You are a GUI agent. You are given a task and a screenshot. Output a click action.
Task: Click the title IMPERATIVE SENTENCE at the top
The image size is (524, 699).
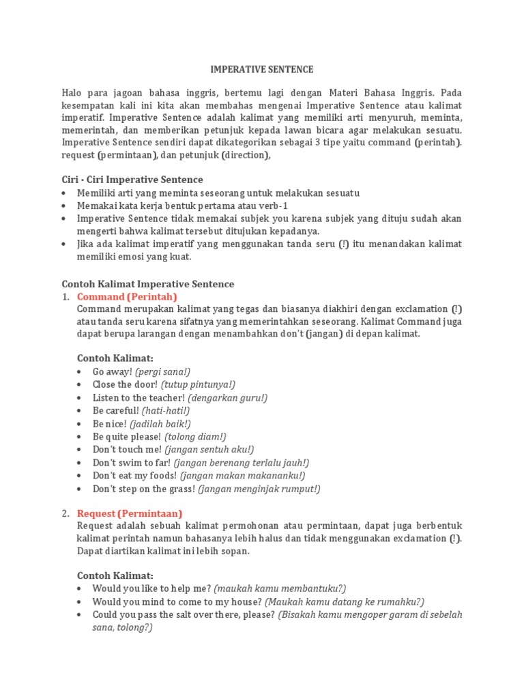261,69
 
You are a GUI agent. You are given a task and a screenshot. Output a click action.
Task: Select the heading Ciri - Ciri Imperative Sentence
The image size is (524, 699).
132,180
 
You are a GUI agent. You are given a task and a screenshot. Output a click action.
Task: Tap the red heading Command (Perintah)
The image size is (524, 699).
127,296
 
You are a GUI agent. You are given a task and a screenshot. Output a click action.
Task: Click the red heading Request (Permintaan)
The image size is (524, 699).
130,513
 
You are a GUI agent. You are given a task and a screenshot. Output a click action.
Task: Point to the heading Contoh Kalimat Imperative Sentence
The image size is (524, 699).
147,283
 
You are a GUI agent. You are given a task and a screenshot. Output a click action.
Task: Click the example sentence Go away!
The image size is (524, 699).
113,371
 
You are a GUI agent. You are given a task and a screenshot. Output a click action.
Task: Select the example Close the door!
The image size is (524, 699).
125,384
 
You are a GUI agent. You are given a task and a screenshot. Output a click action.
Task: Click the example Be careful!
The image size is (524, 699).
116,410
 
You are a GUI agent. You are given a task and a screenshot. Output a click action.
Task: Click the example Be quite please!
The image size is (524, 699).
127,436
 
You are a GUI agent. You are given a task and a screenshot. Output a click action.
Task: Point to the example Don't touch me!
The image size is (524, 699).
127,449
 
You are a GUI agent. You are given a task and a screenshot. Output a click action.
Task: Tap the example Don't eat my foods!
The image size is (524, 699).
132,475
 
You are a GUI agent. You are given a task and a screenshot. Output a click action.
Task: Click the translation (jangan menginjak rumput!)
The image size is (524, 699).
259,489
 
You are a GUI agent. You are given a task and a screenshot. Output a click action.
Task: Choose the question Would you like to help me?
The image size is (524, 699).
151,588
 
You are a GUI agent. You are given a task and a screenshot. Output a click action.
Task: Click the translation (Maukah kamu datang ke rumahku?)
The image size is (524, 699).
345,601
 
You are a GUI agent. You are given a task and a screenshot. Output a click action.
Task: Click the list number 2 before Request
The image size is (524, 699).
65,513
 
